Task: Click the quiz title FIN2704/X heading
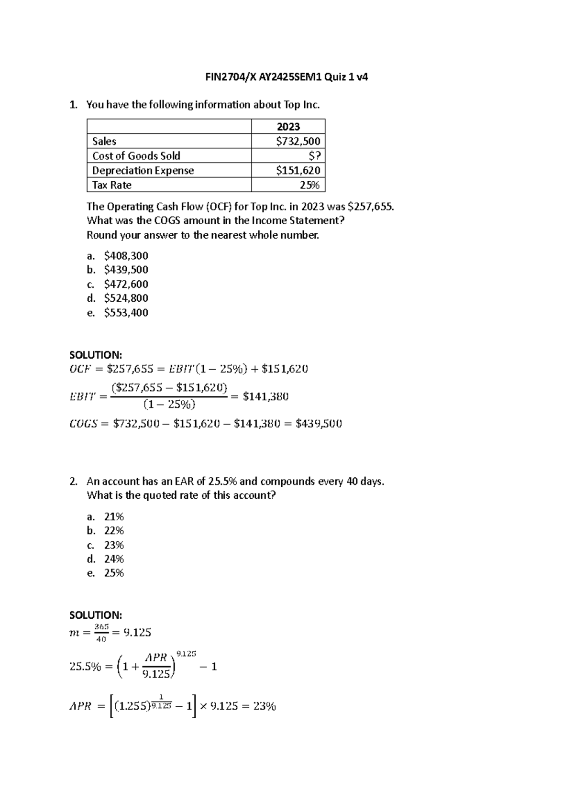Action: click(287, 77)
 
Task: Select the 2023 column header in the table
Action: click(288, 127)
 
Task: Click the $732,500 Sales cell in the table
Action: click(298, 141)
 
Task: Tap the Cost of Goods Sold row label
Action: click(136, 156)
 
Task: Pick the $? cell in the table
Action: click(314, 156)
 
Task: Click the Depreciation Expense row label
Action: click(143, 171)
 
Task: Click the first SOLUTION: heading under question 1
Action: click(96, 355)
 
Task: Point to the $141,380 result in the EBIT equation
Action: click(265, 396)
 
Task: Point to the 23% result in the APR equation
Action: click(265, 707)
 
